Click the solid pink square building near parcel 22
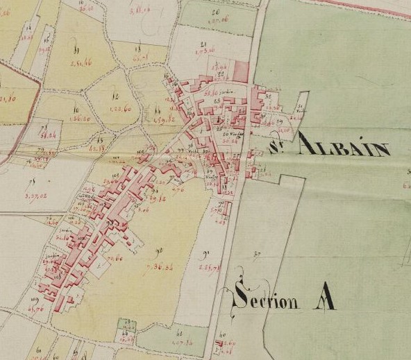point(241,71)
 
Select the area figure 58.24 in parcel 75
point(49,136)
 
